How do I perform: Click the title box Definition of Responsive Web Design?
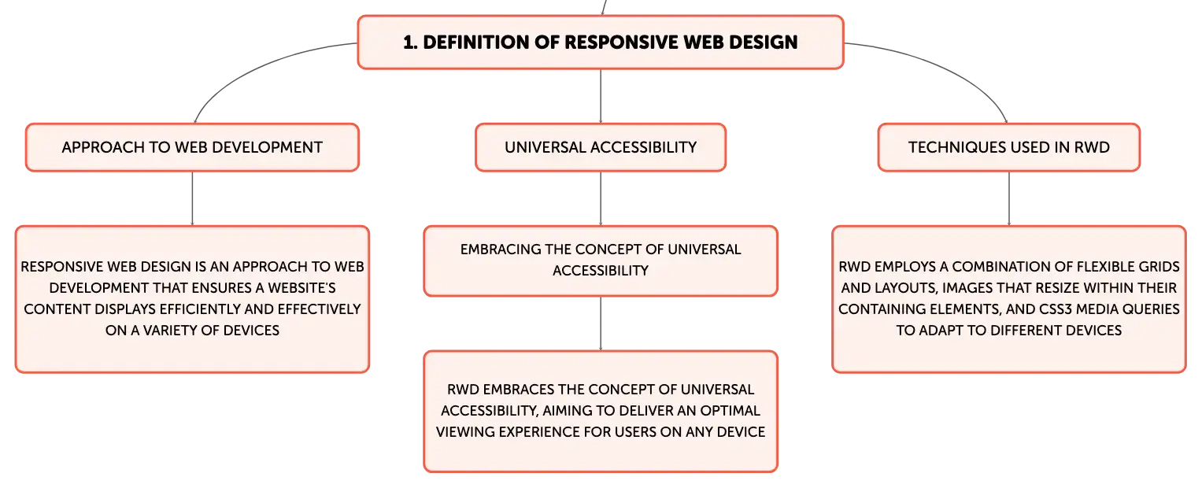pyautogui.click(x=601, y=43)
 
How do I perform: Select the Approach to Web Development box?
pyautogui.click(x=192, y=147)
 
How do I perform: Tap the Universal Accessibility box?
pyautogui.click(x=601, y=147)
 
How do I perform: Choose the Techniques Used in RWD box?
pyautogui.click(x=1009, y=147)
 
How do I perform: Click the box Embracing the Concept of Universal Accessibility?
pyautogui.click(x=601, y=261)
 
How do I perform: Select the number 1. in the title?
pyautogui.click(x=410, y=43)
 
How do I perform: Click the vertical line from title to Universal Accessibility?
pyautogui.click(x=601, y=96)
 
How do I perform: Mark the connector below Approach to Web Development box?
pyautogui.click(x=192, y=198)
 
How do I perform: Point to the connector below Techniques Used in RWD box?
pyautogui.click(x=1009, y=198)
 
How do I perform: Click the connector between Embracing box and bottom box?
pyautogui.click(x=601, y=323)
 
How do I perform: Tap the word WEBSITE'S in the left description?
pyautogui.click(x=301, y=288)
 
